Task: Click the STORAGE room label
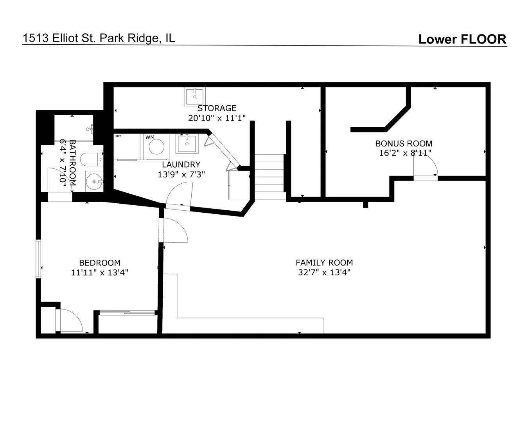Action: tap(217, 108)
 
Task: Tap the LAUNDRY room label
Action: tap(181, 164)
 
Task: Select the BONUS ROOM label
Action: tap(404, 143)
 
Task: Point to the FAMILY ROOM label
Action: tap(324, 263)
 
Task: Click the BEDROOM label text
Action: tap(100, 263)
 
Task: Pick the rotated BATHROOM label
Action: tap(73, 163)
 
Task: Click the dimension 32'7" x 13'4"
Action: tap(324, 273)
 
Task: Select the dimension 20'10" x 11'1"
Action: tap(217, 118)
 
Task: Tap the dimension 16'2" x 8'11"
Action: tap(405, 153)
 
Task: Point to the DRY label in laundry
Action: tap(118, 136)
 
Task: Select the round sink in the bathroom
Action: tap(95, 181)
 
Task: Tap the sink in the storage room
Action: tap(195, 96)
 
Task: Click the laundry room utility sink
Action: tap(187, 143)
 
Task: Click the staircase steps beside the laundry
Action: tap(270, 177)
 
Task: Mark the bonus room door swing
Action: tap(426, 166)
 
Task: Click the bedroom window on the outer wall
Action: tap(38, 259)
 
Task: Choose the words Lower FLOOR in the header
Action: tap(462, 39)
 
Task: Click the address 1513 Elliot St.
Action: tap(59, 38)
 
